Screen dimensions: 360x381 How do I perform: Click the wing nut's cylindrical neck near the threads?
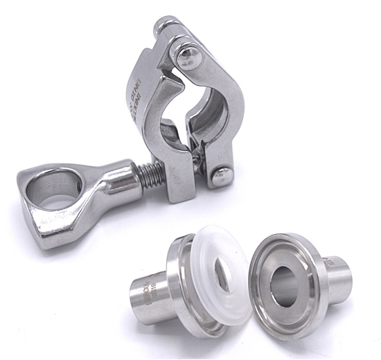pyautogui.click(x=118, y=178)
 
